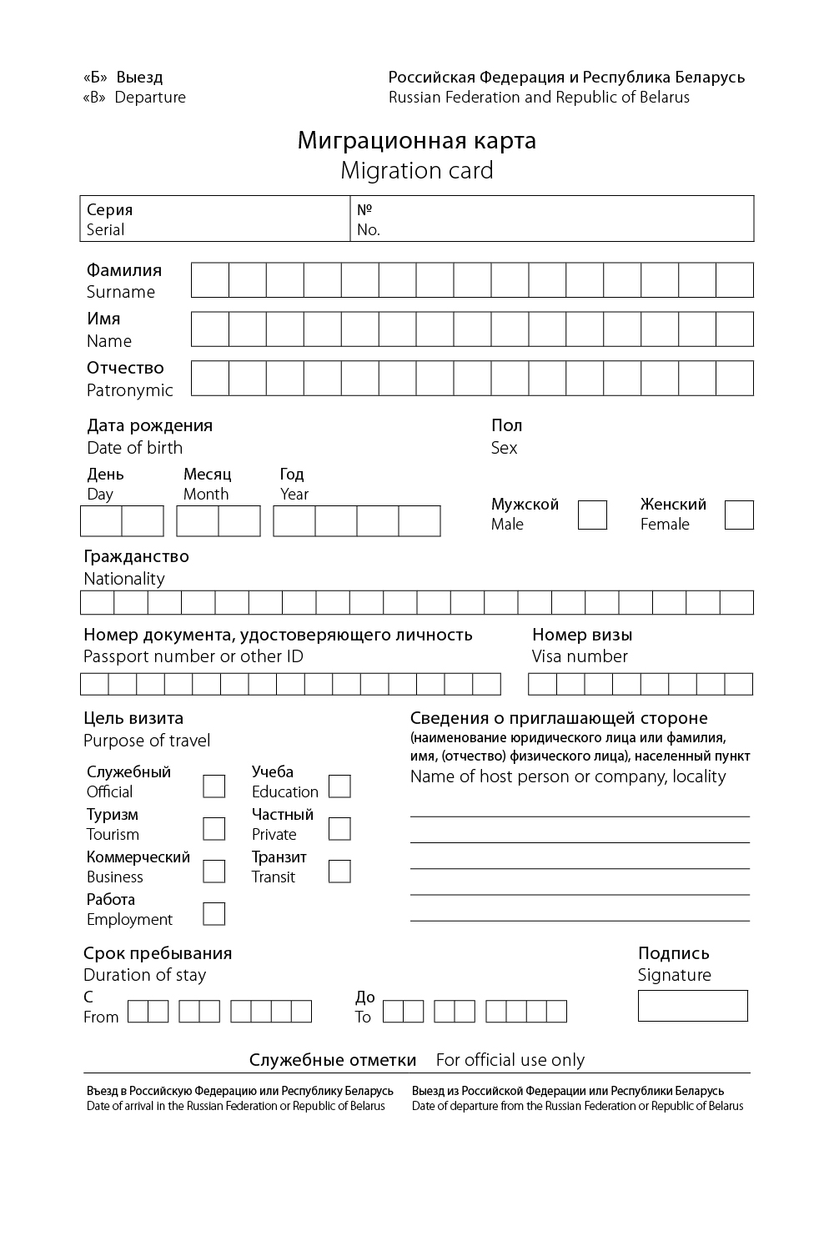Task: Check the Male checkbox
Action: click(x=592, y=515)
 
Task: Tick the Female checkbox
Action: click(x=739, y=515)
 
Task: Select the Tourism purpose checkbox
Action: click(x=214, y=828)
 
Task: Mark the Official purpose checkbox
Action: click(x=214, y=786)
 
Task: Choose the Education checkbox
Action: click(x=339, y=786)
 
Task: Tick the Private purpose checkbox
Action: click(x=339, y=828)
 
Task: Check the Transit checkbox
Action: click(x=339, y=871)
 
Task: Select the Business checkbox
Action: click(x=214, y=871)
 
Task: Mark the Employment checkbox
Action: click(x=214, y=913)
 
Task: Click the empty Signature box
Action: click(x=692, y=1005)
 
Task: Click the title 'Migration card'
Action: click(x=417, y=170)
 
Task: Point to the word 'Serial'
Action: click(x=106, y=230)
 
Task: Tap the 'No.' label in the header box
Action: click(x=369, y=230)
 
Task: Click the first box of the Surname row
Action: click(x=210, y=280)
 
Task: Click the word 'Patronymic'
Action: click(x=130, y=390)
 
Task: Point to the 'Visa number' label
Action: click(x=580, y=656)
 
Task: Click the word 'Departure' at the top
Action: click(x=150, y=98)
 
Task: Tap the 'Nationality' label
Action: click(x=124, y=579)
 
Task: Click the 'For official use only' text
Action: click(x=510, y=1060)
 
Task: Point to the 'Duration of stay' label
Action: click(x=144, y=975)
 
